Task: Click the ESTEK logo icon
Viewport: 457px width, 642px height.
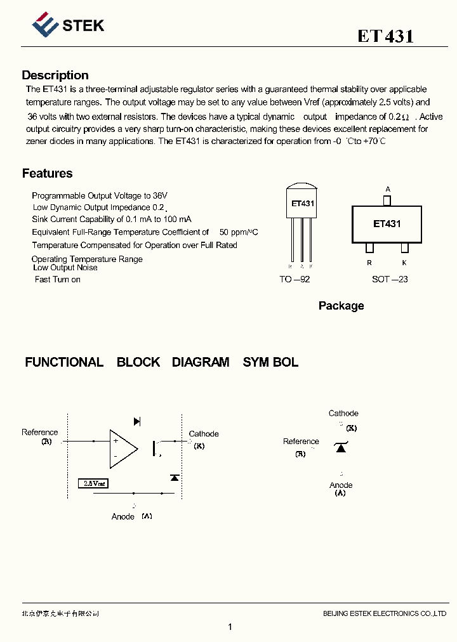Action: click(44, 25)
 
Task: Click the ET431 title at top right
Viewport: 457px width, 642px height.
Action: click(385, 36)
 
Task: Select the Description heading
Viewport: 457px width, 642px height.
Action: click(55, 75)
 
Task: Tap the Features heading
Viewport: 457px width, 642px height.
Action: click(47, 173)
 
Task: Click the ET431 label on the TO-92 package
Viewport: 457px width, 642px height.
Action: click(303, 204)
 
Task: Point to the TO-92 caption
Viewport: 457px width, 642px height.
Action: click(295, 279)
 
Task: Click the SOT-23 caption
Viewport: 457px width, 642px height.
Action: click(390, 279)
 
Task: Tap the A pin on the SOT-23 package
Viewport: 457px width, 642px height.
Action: click(387, 200)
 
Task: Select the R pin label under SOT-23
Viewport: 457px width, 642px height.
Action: click(369, 262)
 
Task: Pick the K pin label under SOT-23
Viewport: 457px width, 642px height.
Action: click(404, 262)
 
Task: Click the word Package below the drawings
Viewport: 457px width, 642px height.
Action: click(341, 306)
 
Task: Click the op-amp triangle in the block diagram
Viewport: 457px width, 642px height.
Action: click(123, 448)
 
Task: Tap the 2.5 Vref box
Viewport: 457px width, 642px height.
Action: click(93, 483)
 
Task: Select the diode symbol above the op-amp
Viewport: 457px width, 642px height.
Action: click(137, 421)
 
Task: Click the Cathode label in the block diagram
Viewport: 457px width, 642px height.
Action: click(204, 434)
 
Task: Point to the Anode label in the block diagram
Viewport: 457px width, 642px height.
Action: click(123, 516)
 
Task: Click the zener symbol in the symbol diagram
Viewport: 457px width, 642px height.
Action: click(341, 448)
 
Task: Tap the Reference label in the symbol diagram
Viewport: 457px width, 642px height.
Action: click(301, 442)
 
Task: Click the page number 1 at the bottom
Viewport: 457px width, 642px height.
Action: click(230, 627)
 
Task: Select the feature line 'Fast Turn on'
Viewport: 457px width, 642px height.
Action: click(58, 279)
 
